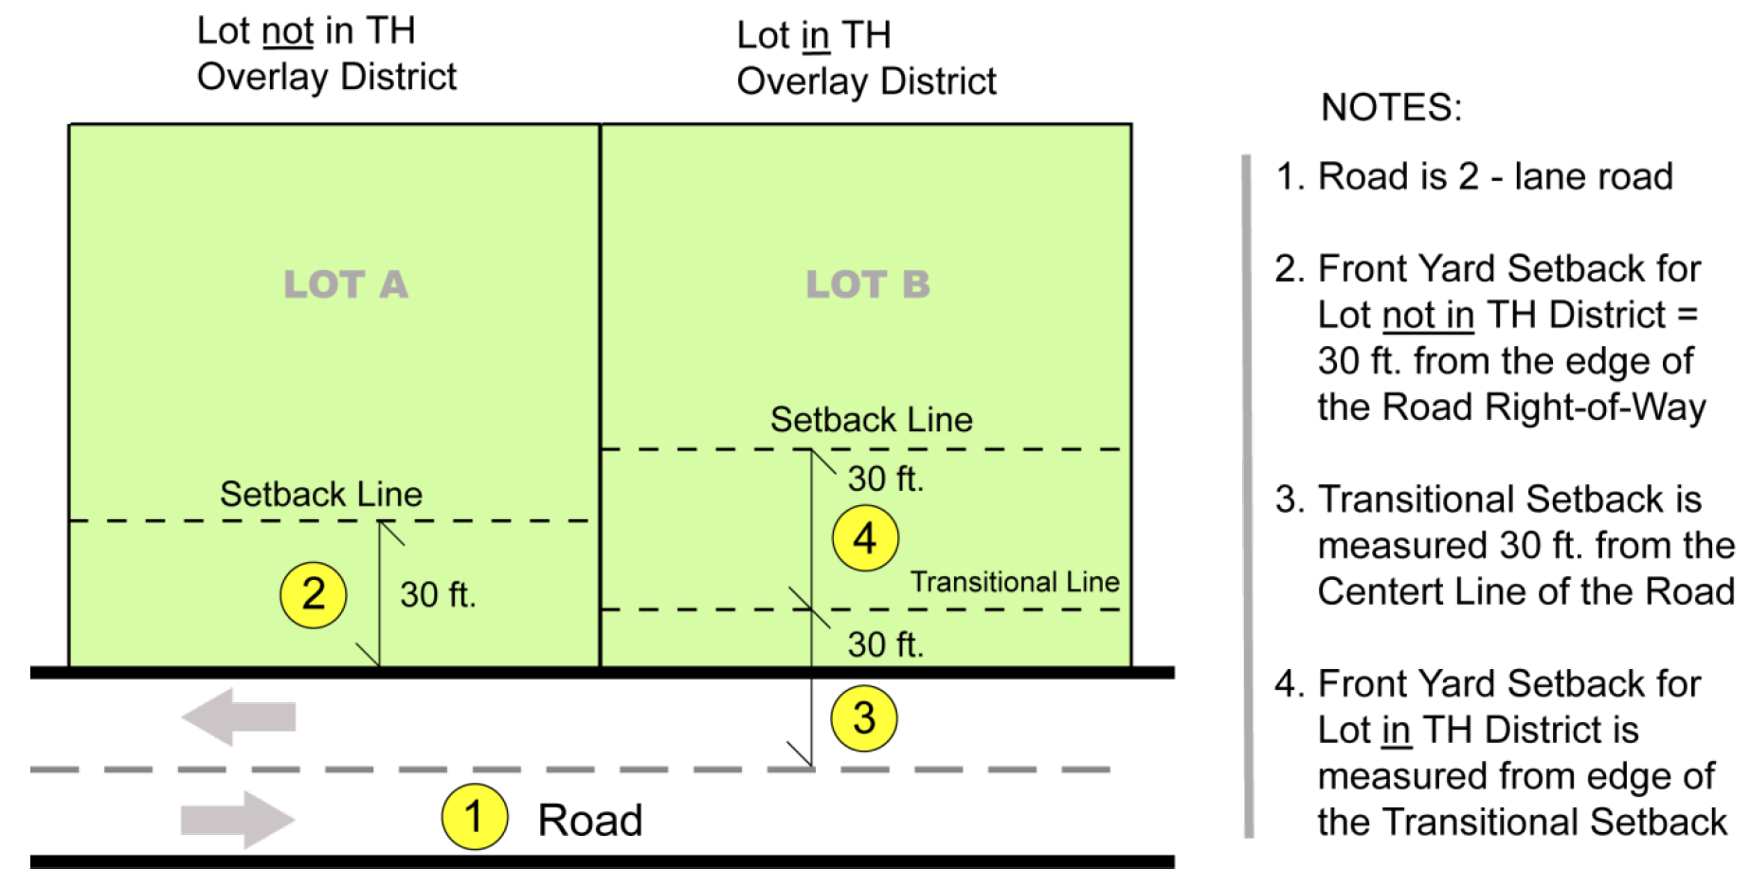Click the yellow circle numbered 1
click(x=475, y=817)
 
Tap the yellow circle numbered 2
click(x=314, y=595)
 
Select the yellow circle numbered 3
click(x=864, y=718)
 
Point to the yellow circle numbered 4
click(x=865, y=538)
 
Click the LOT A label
click(x=346, y=284)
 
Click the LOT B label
click(x=868, y=284)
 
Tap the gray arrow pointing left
click(x=239, y=717)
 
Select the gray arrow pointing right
click(x=238, y=820)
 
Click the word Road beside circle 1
click(x=590, y=821)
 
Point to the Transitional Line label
click(x=1015, y=581)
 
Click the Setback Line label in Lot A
click(x=321, y=494)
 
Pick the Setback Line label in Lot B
click(x=872, y=419)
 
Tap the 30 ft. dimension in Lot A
click(x=438, y=595)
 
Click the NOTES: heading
click(x=1392, y=107)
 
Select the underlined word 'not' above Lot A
click(x=288, y=31)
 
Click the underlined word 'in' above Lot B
click(x=815, y=36)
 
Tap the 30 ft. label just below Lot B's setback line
click(x=886, y=479)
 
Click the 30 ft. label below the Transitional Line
click(x=886, y=644)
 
